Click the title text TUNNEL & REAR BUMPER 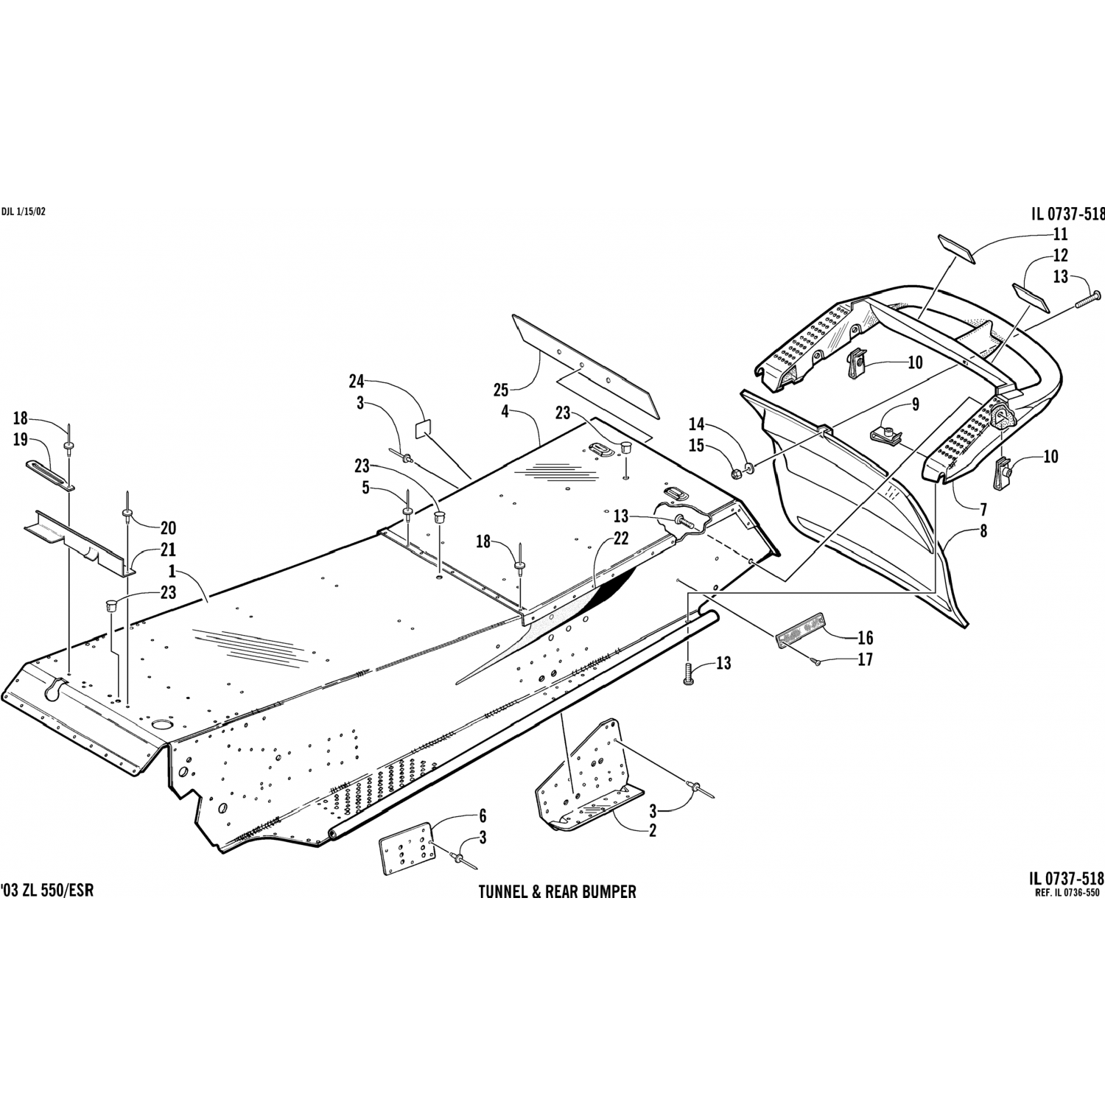click(x=557, y=892)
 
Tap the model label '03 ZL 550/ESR click(x=47, y=890)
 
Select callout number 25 click(x=502, y=389)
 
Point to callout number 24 click(x=357, y=381)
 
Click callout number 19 click(x=20, y=441)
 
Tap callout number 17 click(x=865, y=660)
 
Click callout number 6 click(x=482, y=816)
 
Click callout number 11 click(x=1060, y=235)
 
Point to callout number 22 click(x=621, y=539)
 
